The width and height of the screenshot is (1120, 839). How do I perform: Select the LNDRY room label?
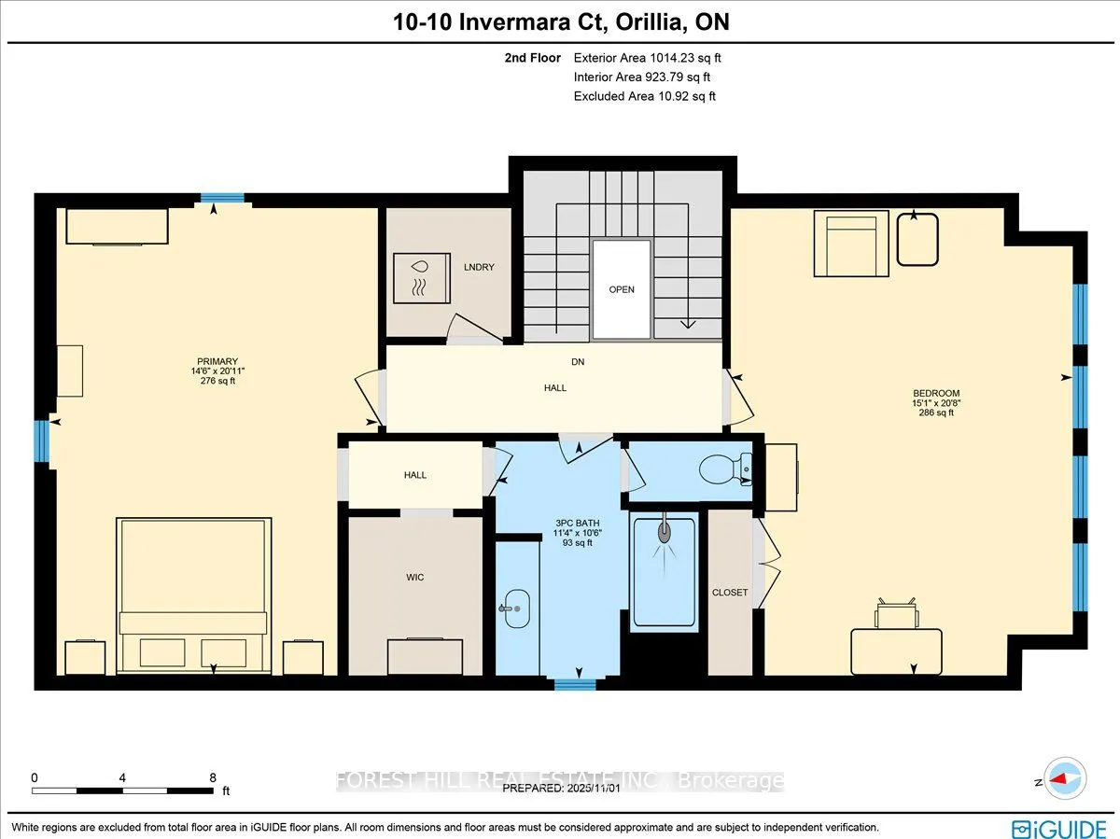pyautogui.click(x=480, y=268)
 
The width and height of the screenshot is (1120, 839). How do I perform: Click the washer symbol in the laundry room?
pyautogui.click(x=421, y=277)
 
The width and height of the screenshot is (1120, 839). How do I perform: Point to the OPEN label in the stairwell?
pyautogui.click(x=622, y=289)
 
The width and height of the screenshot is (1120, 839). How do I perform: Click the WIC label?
pyautogui.click(x=415, y=578)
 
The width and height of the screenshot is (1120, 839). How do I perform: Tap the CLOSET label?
pyautogui.click(x=730, y=593)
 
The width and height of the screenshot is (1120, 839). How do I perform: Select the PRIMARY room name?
pyautogui.click(x=217, y=362)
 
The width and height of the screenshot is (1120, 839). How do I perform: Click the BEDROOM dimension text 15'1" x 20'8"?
pyautogui.click(x=937, y=403)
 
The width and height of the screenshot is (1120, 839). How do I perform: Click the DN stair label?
pyautogui.click(x=579, y=361)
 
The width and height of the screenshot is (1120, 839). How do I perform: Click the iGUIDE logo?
pyautogui.click(x=1057, y=826)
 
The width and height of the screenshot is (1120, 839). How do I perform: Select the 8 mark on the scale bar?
pyautogui.click(x=213, y=776)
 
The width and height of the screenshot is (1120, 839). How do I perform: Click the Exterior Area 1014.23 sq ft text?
pyautogui.click(x=647, y=58)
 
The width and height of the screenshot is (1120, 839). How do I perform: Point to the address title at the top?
pyautogui.click(x=560, y=22)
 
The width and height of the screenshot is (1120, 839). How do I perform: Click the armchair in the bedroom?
pyautogui.click(x=851, y=243)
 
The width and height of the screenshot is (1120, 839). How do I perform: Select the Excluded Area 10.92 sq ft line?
pyautogui.click(x=644, y=96)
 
